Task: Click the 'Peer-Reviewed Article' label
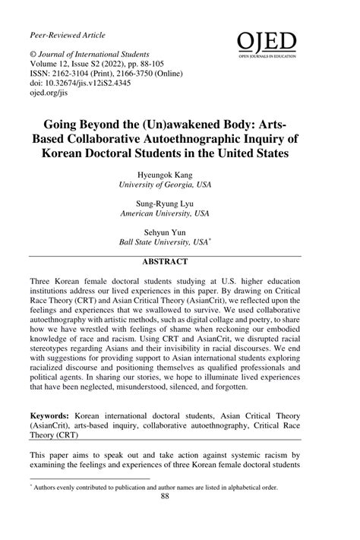click(67, 36)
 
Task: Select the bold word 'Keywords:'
click(52, 417)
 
